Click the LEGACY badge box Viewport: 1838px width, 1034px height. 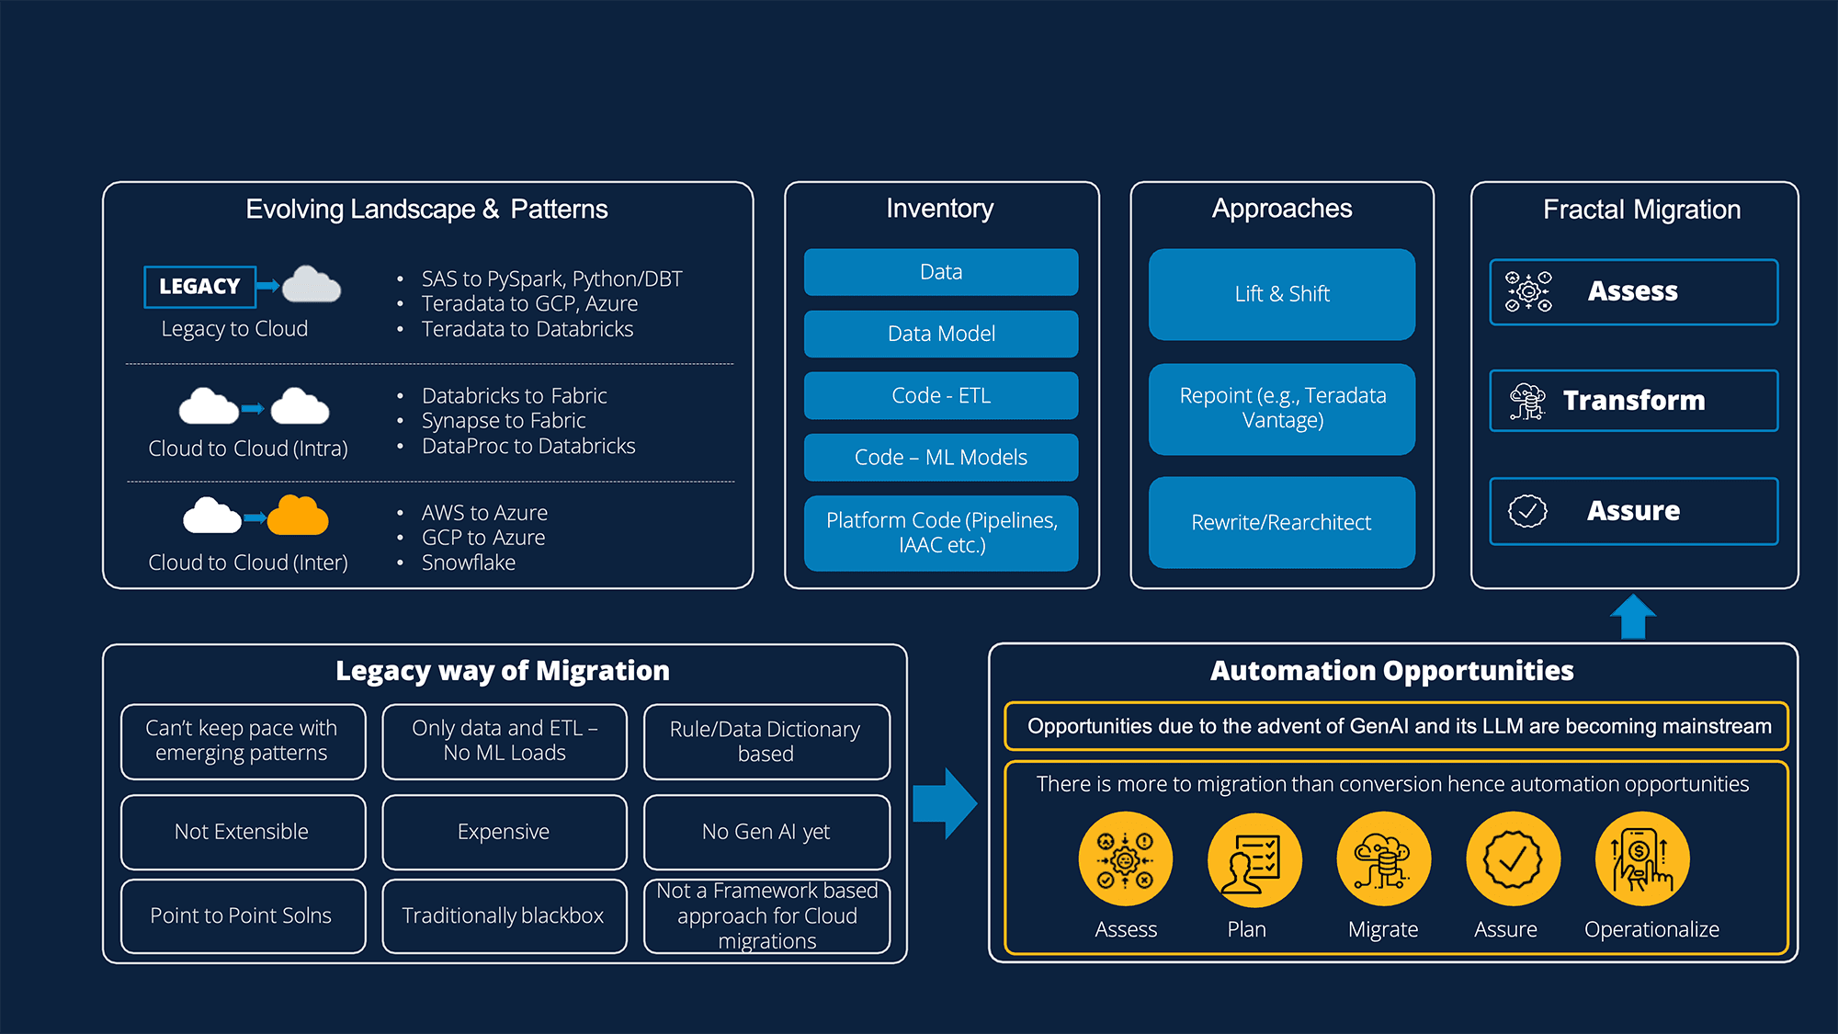click(x=199, y=287)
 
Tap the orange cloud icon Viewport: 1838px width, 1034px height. click(x=298, y=517)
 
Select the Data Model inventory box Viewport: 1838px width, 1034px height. click(x=941, y=334)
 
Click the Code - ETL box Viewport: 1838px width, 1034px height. click(x=941, y=395)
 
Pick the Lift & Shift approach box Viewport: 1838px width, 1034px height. click(x=1281, y=294)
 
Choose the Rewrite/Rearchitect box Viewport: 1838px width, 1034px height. click(x=1281, y=522)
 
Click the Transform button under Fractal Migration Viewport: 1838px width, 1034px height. click(x=1633, y=401)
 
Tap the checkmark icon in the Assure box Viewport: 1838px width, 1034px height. click(x=1527, y=511)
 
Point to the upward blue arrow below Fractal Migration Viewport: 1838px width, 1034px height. click(x=1633, y=616)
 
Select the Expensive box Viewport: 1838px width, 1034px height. click(x=504, y=832)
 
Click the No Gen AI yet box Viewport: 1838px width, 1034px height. click(x=766, y=832)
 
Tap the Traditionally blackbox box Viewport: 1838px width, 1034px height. click(x=504, y=915)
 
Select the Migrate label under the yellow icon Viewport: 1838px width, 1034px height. click(x=1382, y=929)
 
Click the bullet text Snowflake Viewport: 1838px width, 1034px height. click(x=468, y=562)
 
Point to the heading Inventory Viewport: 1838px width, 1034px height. click(x=939, y=209)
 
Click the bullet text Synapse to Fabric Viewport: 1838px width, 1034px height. click(x=503, y=421)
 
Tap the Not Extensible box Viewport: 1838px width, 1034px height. click(x=243, y=832)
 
